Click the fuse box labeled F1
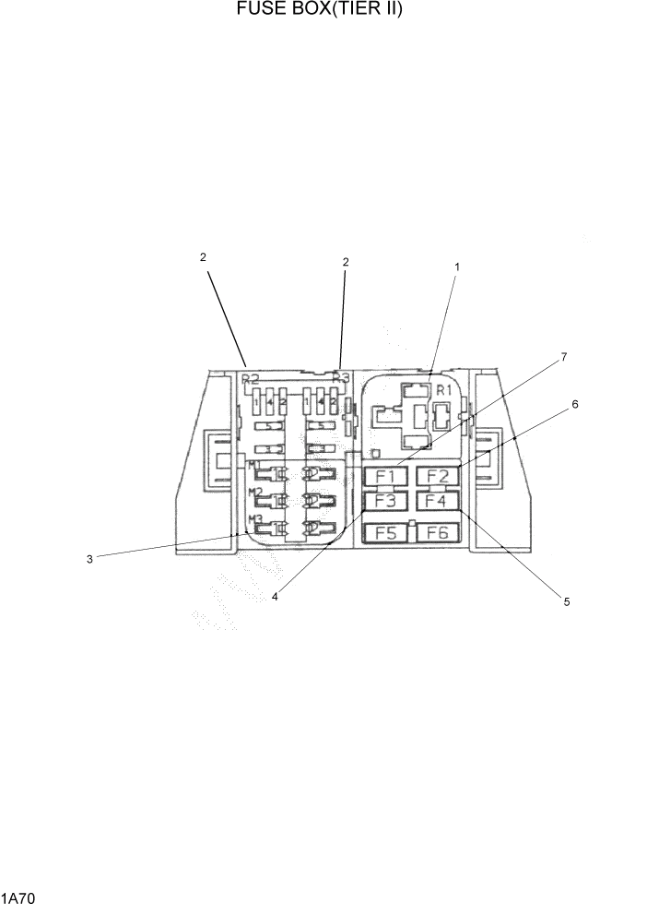pos(385,477)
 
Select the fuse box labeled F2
pos(437,477)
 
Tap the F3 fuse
pos(385,502)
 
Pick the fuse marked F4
pos(437,502)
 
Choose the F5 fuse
pos(385,532)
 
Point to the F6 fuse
pos(437,532)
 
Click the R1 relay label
pos(443,390)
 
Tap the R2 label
pos(249,378)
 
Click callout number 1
pos(456,267)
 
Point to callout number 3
pos(89,559)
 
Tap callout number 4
pos(275,596)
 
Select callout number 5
pos(567,601)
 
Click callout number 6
pos(574,404)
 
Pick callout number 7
pos(564,356)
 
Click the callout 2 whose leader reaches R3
pos(346,262)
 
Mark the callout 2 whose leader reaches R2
pos(203,257)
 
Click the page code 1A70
pos(18,897)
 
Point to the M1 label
pos(253,463)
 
